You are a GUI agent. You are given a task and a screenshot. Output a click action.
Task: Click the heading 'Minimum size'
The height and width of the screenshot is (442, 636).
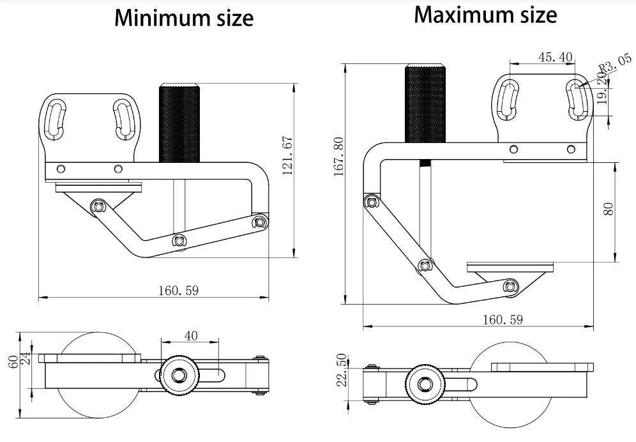click(184, 19)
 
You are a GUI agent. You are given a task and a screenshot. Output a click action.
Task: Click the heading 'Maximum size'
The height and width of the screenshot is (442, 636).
click(485, 15)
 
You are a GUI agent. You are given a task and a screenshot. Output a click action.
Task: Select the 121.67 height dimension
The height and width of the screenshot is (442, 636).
click(287, 155)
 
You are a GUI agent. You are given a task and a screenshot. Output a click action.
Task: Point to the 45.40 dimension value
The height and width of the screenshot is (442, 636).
click(555, 57)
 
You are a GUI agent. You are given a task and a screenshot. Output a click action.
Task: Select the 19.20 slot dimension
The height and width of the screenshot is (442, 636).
click(602, 89)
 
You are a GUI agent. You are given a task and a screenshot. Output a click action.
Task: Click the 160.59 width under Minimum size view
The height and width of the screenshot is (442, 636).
click(179, 291)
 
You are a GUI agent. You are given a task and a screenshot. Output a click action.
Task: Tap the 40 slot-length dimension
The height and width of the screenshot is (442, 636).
click(191, 335)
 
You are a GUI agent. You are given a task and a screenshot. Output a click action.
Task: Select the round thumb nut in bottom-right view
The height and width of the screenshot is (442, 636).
click(422, 386)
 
